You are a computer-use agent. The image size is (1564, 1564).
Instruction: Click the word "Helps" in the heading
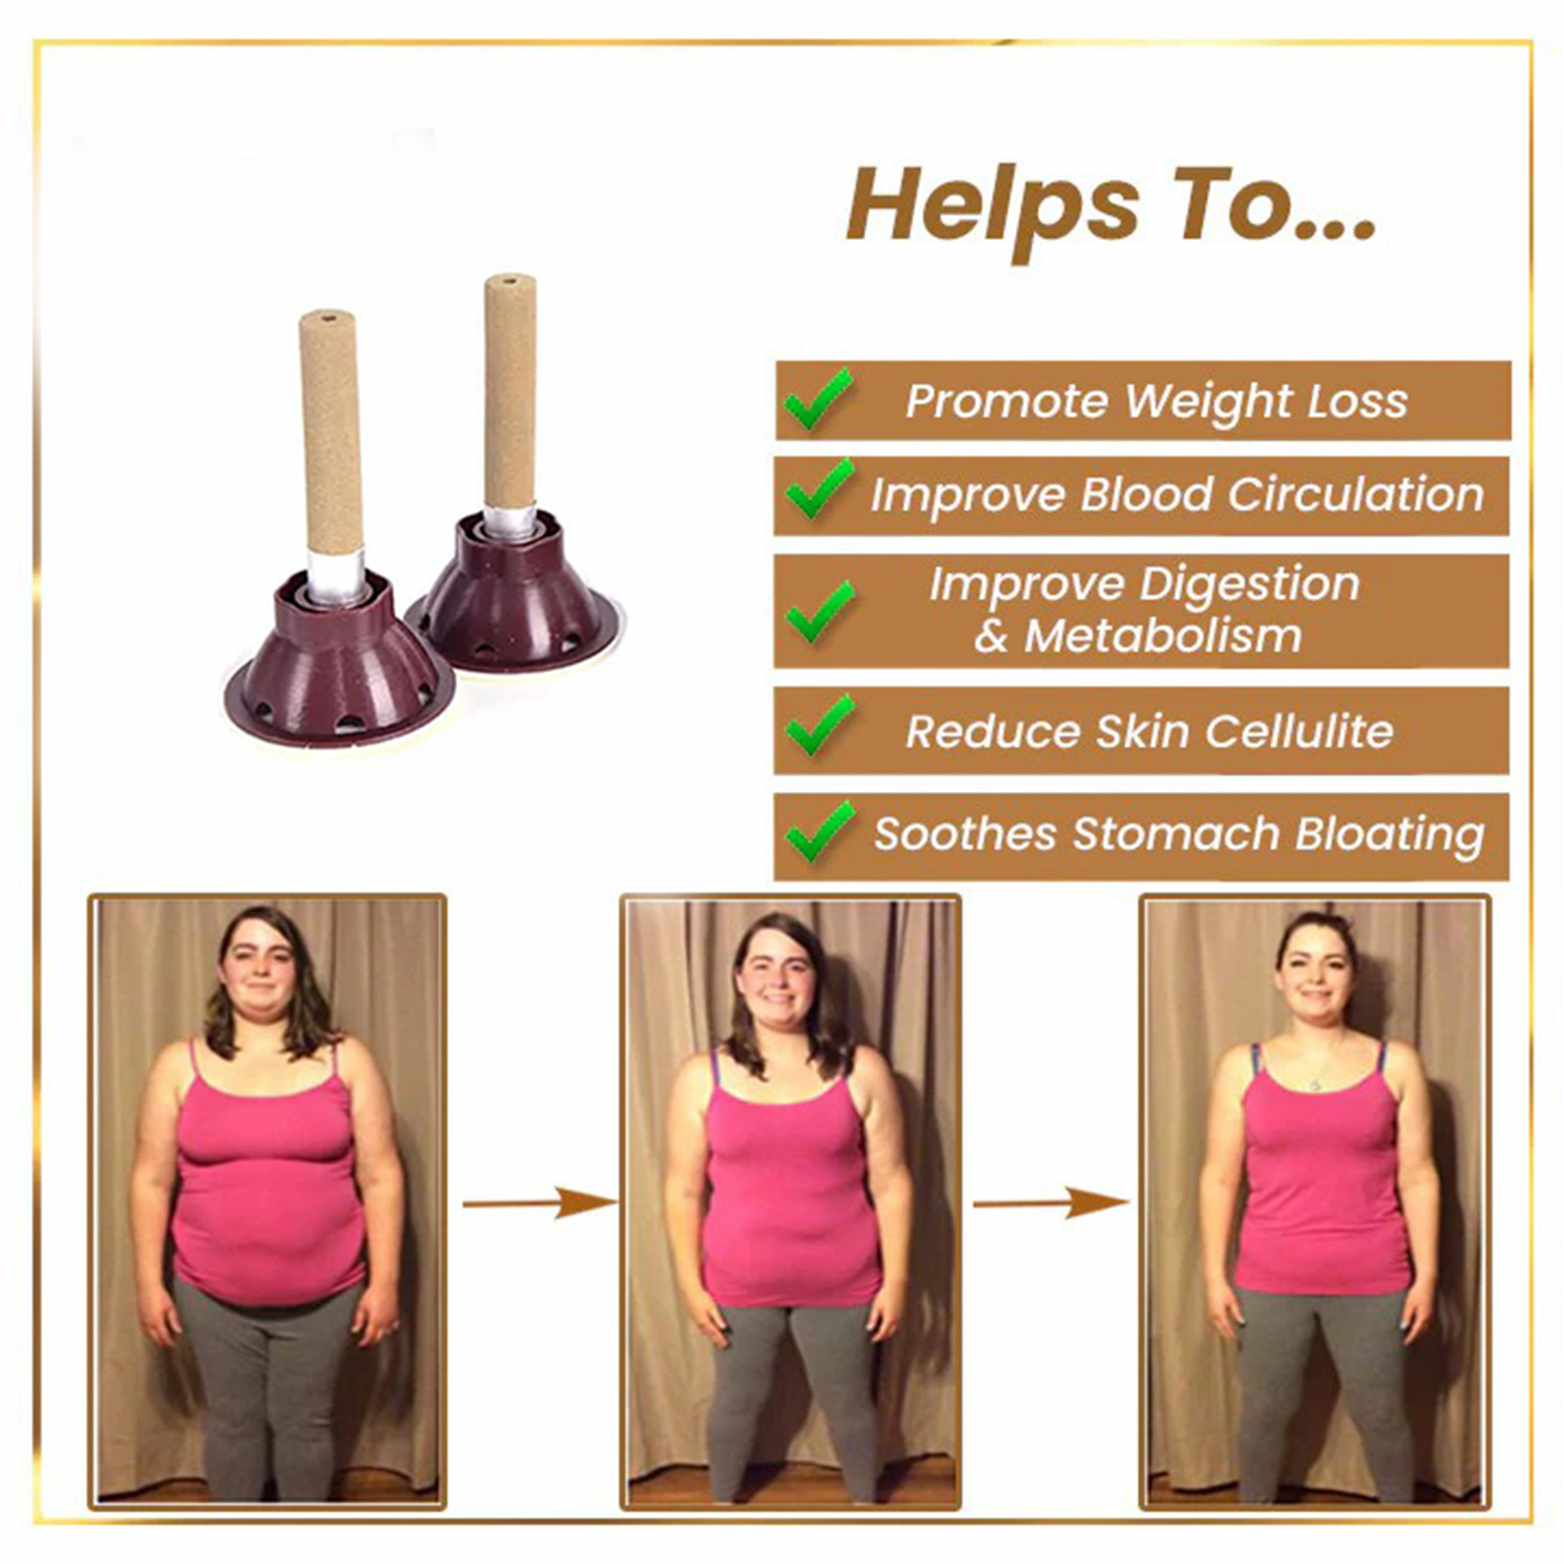pyautogui.click(x=992, y=207)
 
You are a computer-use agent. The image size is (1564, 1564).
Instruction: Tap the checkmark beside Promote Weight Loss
pyautogui.click(x=817, y=399)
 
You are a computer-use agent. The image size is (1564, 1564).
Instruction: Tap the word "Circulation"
pyautogui.click(x=1355, y=494)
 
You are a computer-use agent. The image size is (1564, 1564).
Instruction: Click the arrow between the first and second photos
pyautogui.click(x=537, y=1202)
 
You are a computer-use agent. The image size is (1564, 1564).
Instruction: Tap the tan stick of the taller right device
pyautogui.click(x=509, y=391)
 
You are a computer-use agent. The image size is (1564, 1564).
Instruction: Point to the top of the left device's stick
pyautogui.click(x=326, y=318)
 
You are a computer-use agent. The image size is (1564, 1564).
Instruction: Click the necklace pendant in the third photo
pyautogui.click(x=1316, y=1085)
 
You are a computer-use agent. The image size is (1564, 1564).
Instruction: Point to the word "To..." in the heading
pyautogui.click(x=1275, y=207)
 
